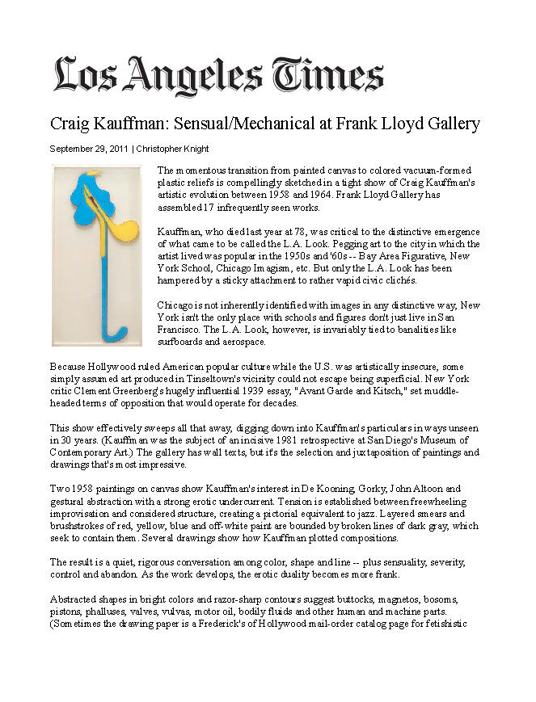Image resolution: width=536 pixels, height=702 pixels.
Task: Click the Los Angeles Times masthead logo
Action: click(217, 75)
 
